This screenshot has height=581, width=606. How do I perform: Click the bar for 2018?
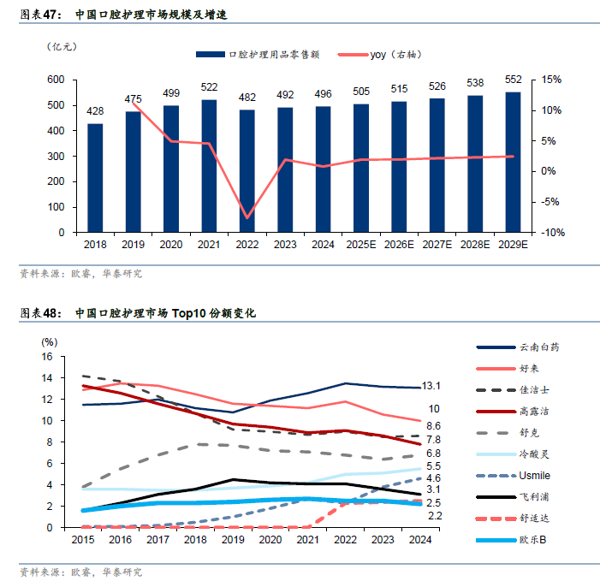(95, 178)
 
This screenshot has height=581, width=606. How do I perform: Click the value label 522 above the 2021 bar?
(209, 87)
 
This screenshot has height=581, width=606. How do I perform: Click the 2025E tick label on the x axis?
(361, 244)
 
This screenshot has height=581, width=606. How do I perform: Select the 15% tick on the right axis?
(550, 80)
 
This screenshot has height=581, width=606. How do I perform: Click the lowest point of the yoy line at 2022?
(247, 218)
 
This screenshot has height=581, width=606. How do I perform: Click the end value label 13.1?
(432, 386)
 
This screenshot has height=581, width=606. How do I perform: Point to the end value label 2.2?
(434, 516)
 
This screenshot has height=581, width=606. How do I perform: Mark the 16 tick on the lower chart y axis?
(47, 357)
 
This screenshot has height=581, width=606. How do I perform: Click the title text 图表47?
(39, 15)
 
